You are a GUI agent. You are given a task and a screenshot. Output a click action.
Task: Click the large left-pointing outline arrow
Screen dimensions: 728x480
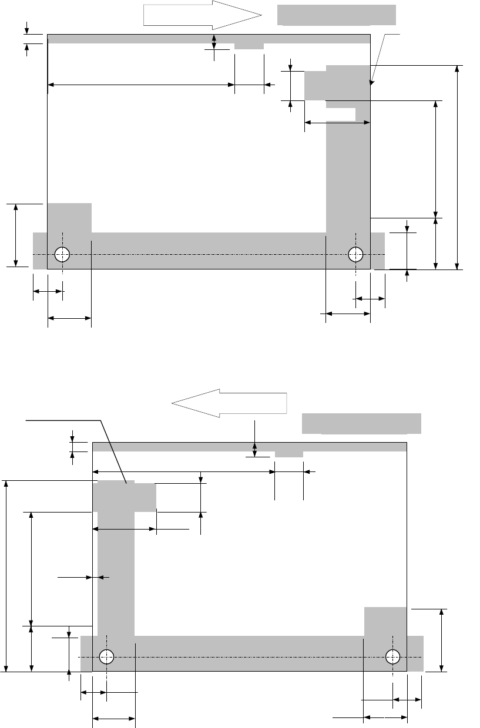coord(229,403)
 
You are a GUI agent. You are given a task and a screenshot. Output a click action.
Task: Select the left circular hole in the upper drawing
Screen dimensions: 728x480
coord(62,254)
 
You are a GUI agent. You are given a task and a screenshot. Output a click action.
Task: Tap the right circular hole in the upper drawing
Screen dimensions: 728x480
coord(355,254)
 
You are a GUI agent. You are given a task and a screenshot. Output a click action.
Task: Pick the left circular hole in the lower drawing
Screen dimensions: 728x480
coord(106,656)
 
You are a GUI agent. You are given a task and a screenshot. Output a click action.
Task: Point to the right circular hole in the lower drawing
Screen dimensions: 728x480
coord(392,656)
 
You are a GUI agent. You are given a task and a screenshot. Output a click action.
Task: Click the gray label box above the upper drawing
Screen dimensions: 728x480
coord(337,15)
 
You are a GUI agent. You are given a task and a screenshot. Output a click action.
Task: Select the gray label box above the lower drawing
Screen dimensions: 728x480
coord(361,423)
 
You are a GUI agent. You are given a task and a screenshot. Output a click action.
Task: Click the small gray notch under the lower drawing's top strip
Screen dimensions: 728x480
coord(289,454)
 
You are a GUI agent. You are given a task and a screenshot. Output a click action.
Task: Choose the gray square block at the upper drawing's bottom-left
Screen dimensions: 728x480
coord(69,218)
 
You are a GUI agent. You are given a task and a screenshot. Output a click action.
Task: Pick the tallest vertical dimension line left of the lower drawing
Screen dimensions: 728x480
coord(7,575)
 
